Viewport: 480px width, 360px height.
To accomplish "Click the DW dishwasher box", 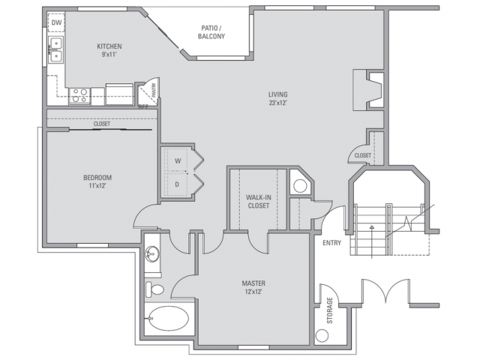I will point(56,23).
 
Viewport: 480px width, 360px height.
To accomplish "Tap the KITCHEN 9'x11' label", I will point(109,50).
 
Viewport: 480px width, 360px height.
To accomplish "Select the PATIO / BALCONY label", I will point(211,32).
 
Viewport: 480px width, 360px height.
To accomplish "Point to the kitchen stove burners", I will point(79,95).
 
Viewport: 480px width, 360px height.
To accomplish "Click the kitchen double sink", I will point(56,52).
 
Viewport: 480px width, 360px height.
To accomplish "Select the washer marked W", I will point(178,160).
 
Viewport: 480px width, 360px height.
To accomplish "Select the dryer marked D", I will point(178,182).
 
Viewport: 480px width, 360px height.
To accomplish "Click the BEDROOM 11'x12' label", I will point(97,181).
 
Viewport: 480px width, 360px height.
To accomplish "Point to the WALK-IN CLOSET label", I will point(258,202).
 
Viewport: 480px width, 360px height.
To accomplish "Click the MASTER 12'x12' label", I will point(253,287).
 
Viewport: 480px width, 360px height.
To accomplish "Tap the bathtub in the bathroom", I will point(167,318).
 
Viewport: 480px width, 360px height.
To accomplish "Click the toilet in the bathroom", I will point(155,289).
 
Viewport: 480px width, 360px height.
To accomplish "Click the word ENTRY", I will point(331,243).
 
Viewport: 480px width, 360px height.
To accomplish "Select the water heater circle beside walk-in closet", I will point(300,185).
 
